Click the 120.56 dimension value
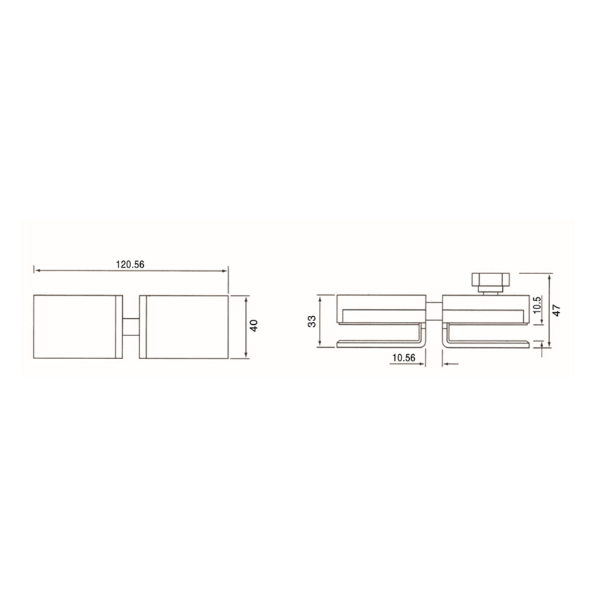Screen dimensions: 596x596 [x=130, y=264]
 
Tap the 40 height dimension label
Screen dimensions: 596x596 [x=254, y=326]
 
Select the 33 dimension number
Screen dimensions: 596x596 [x=312, y=321]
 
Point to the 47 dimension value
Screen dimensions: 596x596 [x=557, y=310]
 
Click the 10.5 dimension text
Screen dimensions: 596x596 [x=537, y=305]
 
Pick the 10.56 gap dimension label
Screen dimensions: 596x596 [x=404, y=358]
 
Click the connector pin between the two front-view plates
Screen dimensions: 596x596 [x=131, y=327]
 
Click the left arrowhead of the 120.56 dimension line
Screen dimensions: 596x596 [x=37, y=270]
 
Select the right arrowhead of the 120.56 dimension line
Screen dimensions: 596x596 [x=224, y=270]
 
